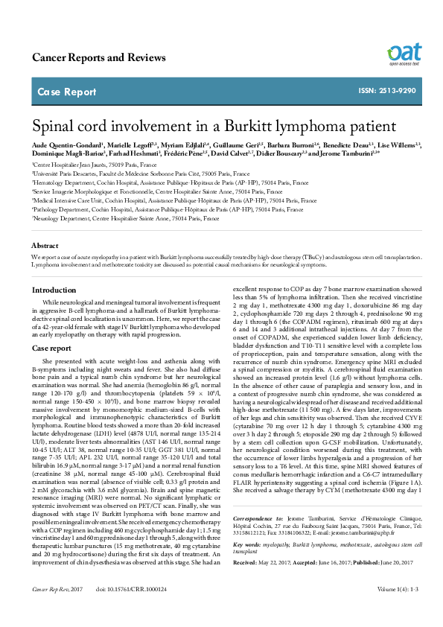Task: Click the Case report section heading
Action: [x=51, y=348]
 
